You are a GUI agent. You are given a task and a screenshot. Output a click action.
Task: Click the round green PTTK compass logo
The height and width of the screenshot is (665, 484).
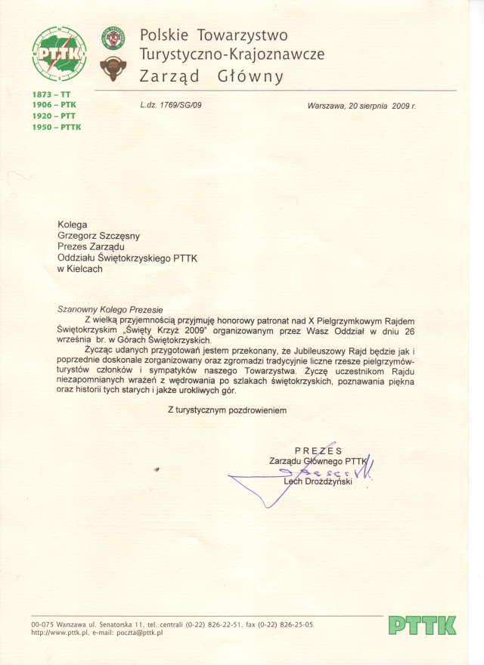coord(58,53)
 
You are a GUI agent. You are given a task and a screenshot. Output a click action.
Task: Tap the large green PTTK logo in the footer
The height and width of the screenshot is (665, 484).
coord(422,625)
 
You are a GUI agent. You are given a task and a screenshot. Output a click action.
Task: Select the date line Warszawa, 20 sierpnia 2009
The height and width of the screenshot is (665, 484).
coord(361,106)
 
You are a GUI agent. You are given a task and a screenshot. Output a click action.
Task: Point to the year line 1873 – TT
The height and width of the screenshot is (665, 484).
coord(50,93)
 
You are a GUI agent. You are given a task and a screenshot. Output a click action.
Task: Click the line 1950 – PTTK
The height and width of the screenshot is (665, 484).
coord(56,127)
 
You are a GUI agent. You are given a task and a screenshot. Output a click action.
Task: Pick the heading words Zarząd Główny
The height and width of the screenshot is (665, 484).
coord(212,76)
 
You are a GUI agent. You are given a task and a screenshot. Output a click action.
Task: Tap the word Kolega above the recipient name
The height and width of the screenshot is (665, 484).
coord(73,224)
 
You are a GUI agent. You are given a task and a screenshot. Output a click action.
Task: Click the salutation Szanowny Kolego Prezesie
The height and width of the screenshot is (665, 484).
coord(110,308)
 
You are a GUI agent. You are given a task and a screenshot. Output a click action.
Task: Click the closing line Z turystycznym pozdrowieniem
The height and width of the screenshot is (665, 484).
coord(227,409)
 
